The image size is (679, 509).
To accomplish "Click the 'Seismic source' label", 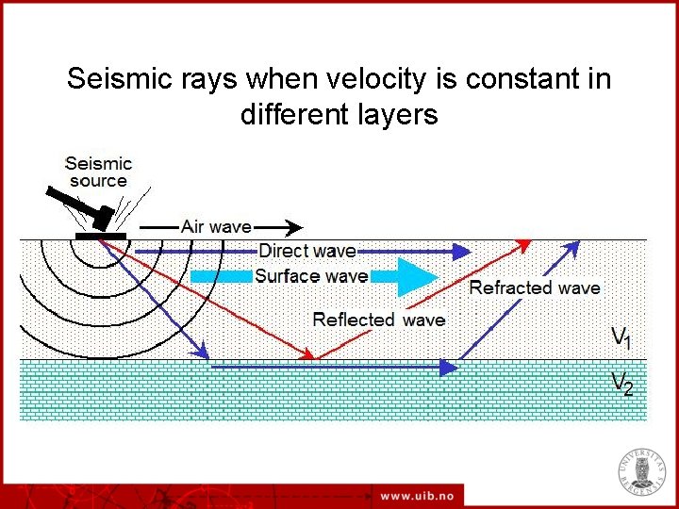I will pyautogui.click(x=98, y=172).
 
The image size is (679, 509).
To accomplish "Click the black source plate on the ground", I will pyautogui.click(x=100, y=235).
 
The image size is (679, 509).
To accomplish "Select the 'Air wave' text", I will pyautogui.click(x=216, y=226).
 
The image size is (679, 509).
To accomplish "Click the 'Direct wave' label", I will pyautogui.click(x=306, y=251).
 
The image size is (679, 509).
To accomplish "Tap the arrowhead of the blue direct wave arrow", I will pyautogui.click(x=461, y=251).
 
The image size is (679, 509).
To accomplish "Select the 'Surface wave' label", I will pyautogui.click(x=310, y=276).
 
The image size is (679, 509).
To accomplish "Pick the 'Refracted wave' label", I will pyautogui.click(x=534, y=287).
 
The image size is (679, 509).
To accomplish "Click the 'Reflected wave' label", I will pyautogui.click(x=378, y=320).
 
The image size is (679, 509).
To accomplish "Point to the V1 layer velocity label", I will pyautogui.click(x=621, y=337).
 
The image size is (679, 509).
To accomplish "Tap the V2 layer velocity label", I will pyautogui.click(x=621, y=383).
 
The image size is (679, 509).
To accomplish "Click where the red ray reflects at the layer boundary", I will pyautogui.click(x=314, y=359).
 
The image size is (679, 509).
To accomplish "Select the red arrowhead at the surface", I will pyautogui.click(x=524, y=244).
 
